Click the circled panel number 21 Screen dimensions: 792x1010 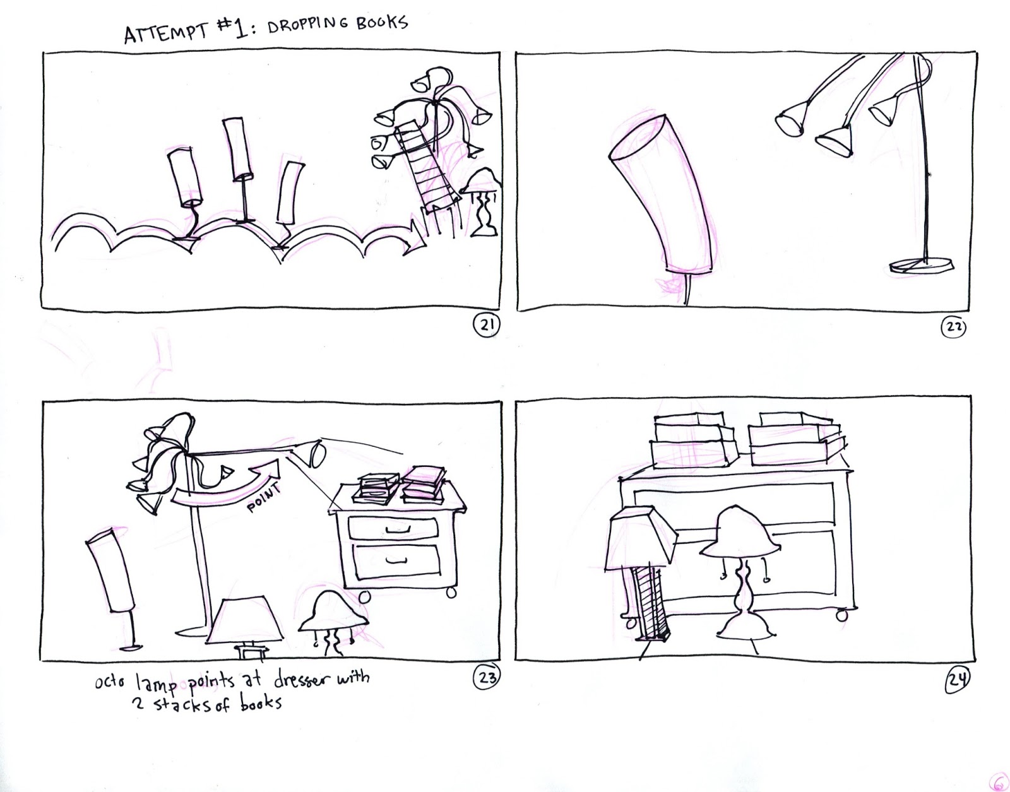pyautogui.click(x=486, y=326)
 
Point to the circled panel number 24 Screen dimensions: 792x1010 pyautogui.click(x=957, y=680)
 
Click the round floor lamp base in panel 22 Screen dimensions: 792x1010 pyautogui.click(x=922, y=265)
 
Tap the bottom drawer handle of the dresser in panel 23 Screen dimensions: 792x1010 pyautogui.click(x=396, y=559)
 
